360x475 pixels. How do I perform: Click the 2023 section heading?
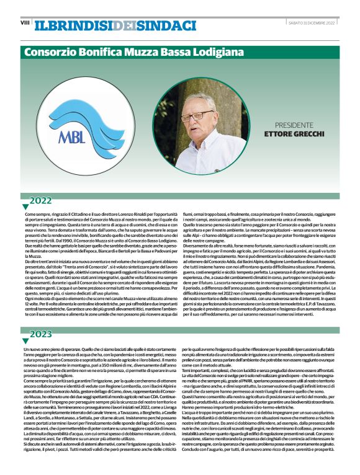coord(41,334)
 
